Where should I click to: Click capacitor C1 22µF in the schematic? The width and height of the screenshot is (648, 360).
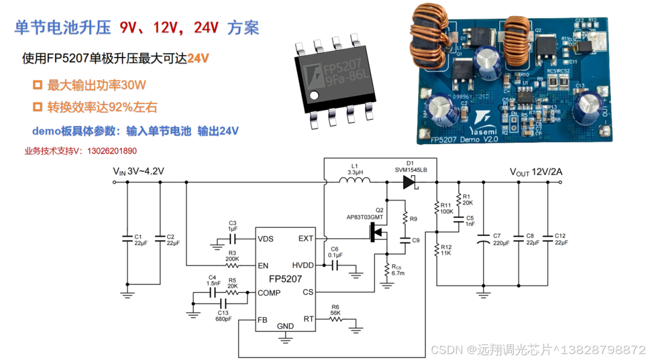click(127, 238)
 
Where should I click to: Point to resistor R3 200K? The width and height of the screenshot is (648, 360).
click(232, 265)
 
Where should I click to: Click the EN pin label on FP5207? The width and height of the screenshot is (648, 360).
click(263, 265)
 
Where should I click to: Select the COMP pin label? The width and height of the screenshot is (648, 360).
click(269, 293)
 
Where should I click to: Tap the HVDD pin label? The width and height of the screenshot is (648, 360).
click(302, 265)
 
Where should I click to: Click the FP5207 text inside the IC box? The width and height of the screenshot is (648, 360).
click(285, 279)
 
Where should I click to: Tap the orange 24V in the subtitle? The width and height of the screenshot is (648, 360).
click(197, 58)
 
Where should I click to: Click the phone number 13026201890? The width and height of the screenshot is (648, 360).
click(112, 151)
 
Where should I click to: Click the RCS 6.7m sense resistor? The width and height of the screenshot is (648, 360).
click(387, 271)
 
